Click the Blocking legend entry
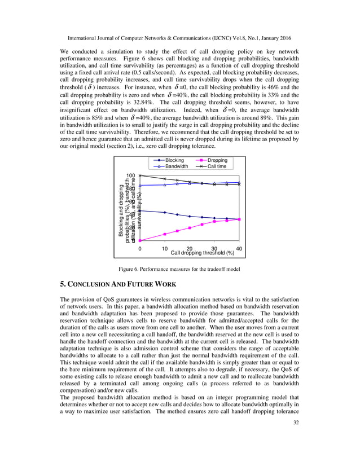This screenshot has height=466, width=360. tap(173, 160)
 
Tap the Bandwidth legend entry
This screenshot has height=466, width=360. tap(175, 166)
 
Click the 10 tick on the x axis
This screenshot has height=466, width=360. tap(165, 249)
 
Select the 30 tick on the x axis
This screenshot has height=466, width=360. tap(214, 249)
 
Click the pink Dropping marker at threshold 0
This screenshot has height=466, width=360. tap(140, 241)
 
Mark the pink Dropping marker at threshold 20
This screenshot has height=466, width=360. tap(190, 227)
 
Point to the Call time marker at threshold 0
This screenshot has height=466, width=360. tap(140, 176)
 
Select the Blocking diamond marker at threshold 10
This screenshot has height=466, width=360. tap(165, 212)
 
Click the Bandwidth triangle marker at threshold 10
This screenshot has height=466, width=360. tap(165, 184)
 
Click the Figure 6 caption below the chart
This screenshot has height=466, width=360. tap(179, 269)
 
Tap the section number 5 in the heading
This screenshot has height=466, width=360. tap(62, 283)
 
